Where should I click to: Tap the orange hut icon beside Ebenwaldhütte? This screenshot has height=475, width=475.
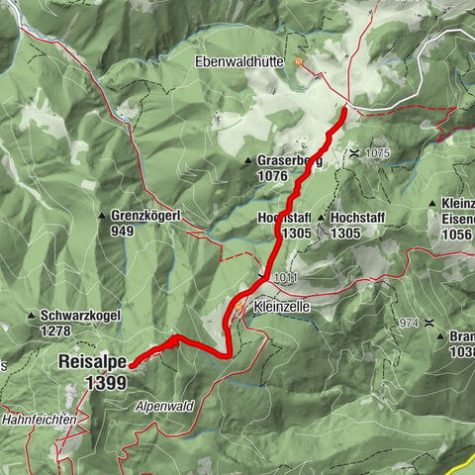299,61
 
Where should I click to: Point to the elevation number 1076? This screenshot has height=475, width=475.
271,176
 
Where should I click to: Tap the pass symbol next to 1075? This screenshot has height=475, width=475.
353,153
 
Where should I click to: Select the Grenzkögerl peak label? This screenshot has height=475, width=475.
144,215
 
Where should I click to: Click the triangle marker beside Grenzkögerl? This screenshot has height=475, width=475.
102,215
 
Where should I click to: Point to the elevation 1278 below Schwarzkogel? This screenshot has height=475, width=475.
58,332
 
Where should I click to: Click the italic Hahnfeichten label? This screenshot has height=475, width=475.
40,421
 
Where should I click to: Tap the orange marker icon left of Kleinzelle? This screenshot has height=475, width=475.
239,308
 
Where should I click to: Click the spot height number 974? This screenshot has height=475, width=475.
411,323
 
